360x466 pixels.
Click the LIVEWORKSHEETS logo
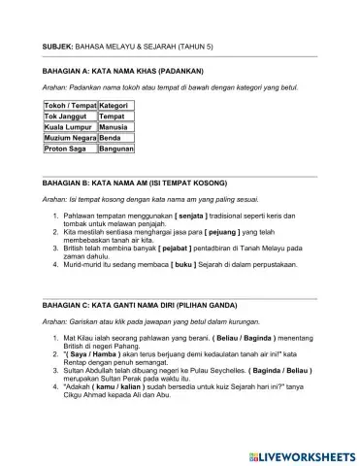click(x=301, y=455)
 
